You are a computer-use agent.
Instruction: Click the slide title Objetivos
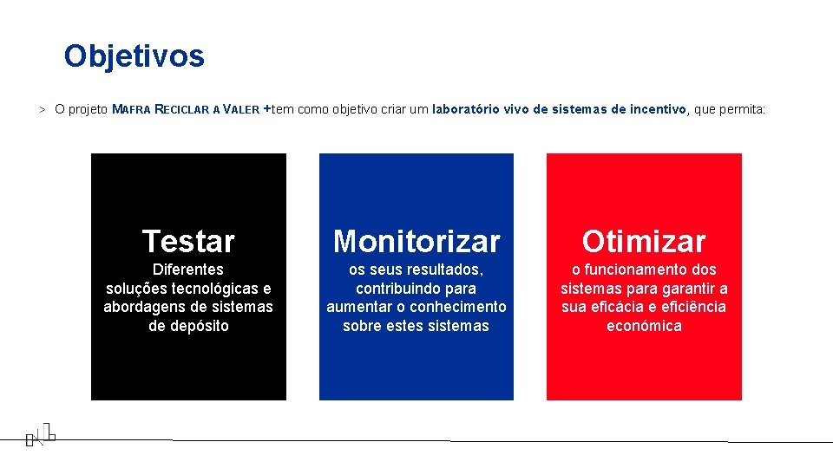pos(134,56)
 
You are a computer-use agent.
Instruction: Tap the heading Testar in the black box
pos(188,241)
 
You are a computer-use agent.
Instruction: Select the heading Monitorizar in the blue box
pos(416,241)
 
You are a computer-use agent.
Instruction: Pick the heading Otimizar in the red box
pos(644,241)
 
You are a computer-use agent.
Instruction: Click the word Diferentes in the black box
pos(188,270)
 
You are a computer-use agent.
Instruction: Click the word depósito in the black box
pos(200,326)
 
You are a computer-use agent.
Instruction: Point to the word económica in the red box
pos(644,326)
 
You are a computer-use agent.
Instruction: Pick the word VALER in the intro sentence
pos(240,110)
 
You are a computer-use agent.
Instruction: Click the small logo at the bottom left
pos(40,433)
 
